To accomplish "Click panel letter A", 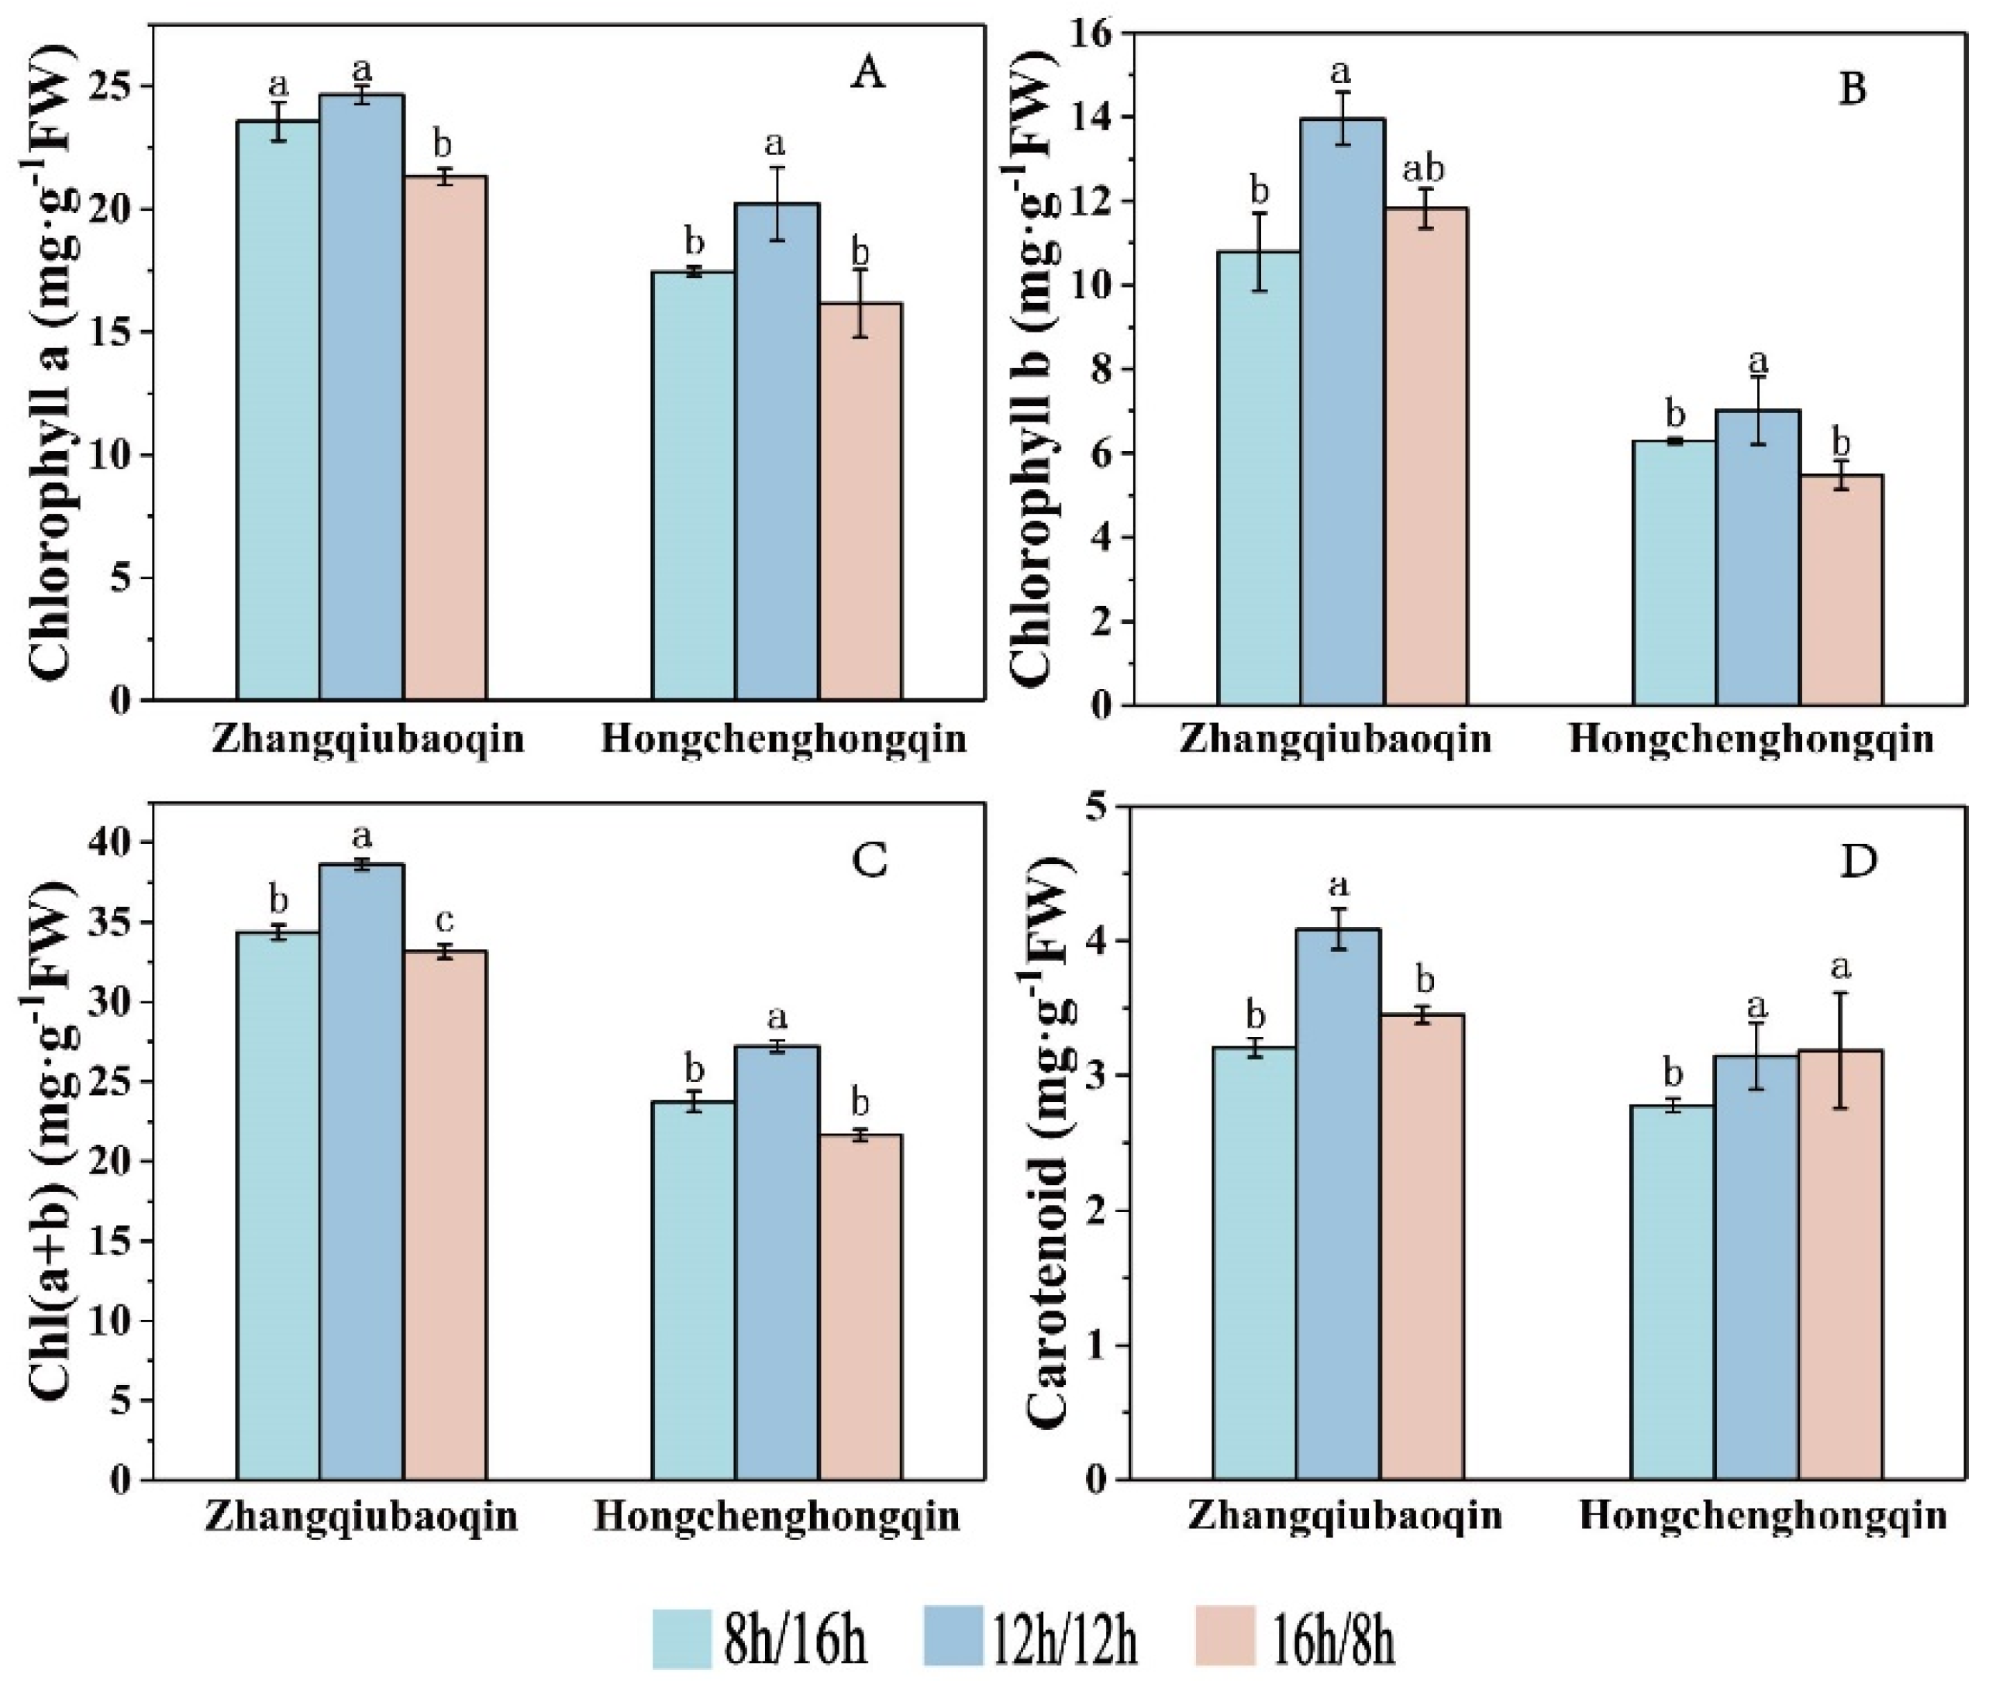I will point(867,74).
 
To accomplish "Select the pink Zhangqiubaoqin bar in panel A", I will point(445,439).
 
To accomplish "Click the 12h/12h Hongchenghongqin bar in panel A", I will point(777,453).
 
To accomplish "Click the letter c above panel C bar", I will point(445,921).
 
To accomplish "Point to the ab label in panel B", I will point(1424,169).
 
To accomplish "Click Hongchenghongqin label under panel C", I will point(777,1516).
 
